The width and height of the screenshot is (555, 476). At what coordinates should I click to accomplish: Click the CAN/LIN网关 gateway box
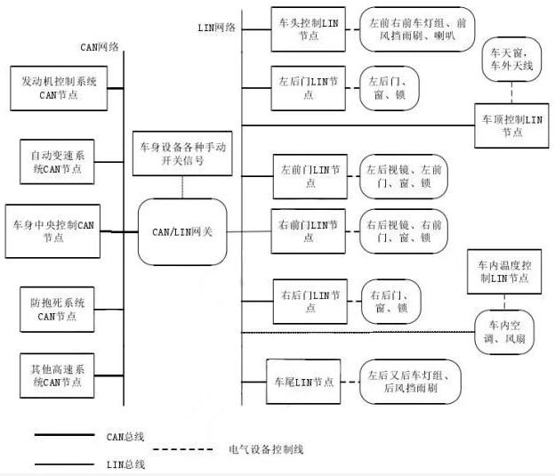pos(182,231)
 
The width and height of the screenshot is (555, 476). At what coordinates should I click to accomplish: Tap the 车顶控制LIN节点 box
pos(512,125)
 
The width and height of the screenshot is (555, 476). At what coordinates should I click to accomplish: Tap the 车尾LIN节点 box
pos(304,382)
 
